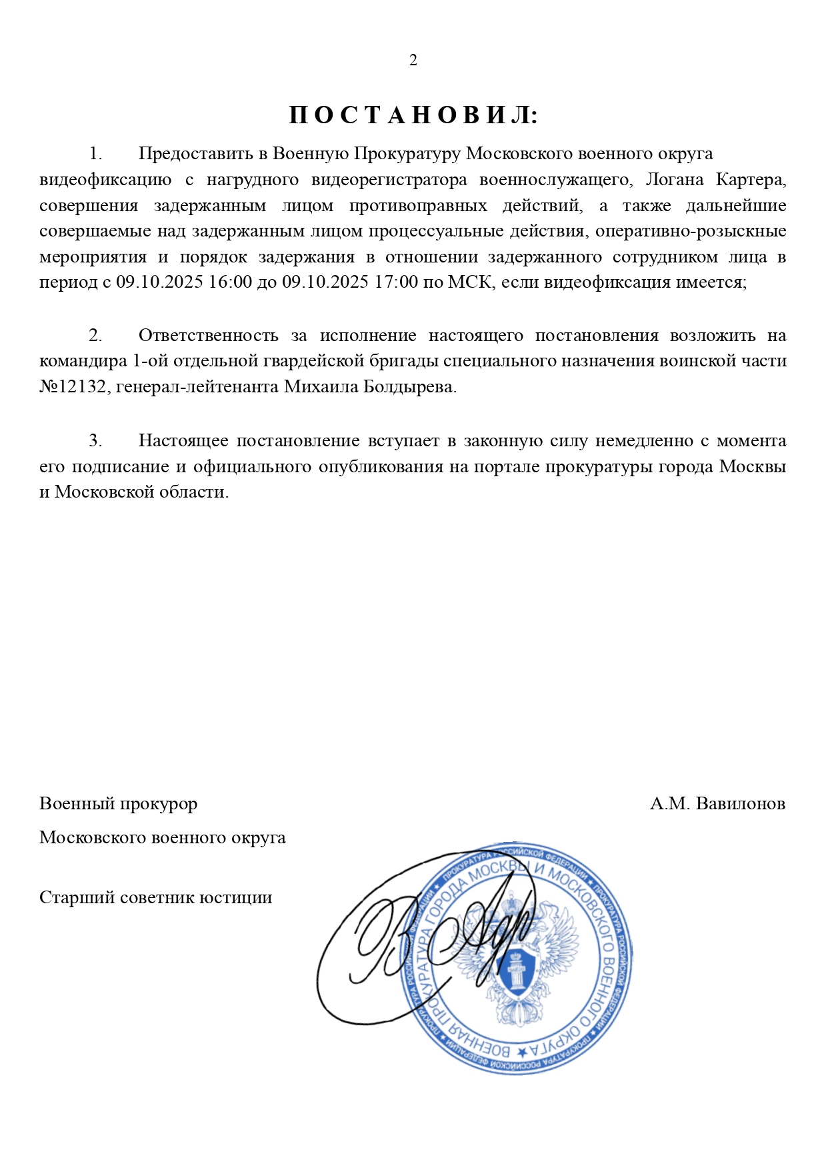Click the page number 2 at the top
click(413, 61)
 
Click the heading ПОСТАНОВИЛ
click(413, 116)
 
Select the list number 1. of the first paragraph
click(96, 154)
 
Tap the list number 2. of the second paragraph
click(96, 336)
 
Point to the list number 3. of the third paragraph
click(96, 441)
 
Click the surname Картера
click(751, 180)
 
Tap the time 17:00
click(396, 282)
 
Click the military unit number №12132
click(73, 387)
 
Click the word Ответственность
click(208, 336)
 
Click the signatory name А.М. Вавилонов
click(717, 804)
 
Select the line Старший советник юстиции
click(156, 898)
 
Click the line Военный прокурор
click(119, 804)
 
